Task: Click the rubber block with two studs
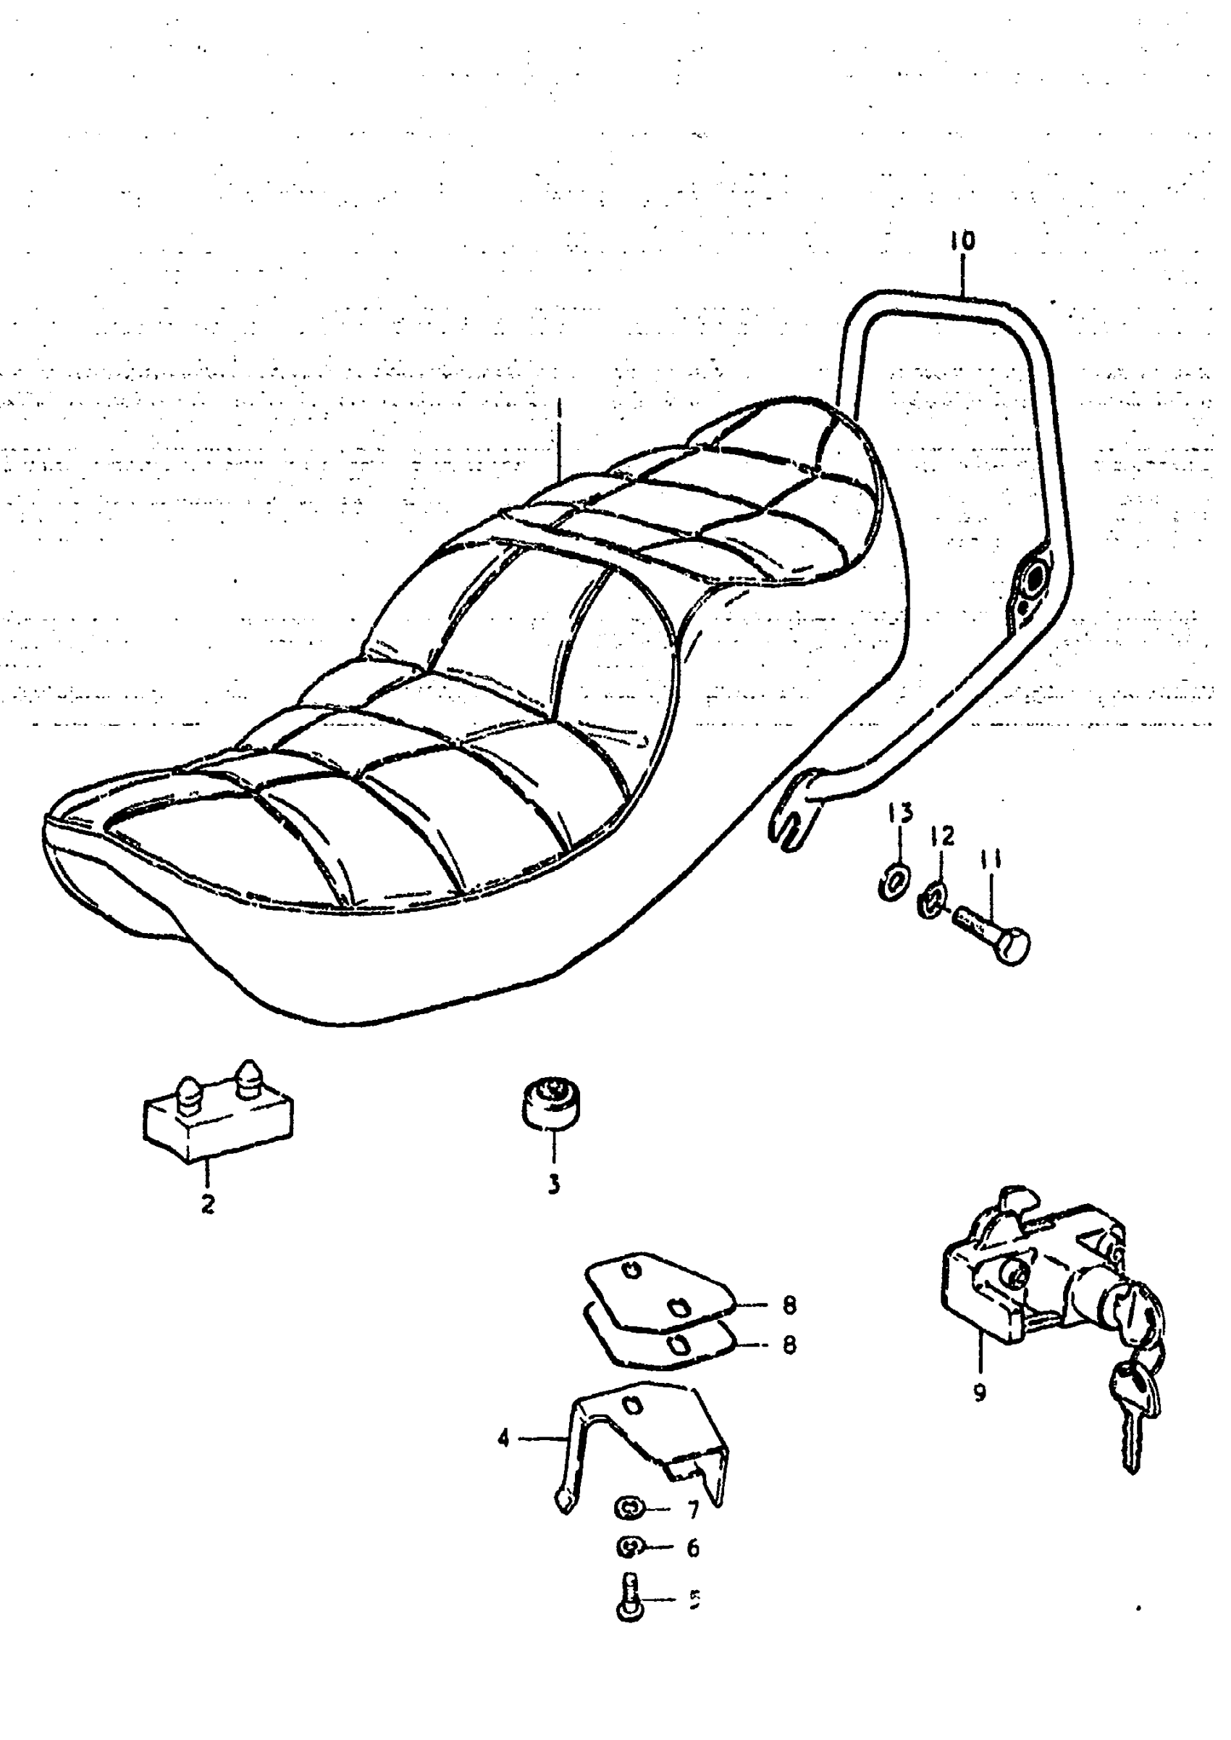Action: (x=219, y=1119)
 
